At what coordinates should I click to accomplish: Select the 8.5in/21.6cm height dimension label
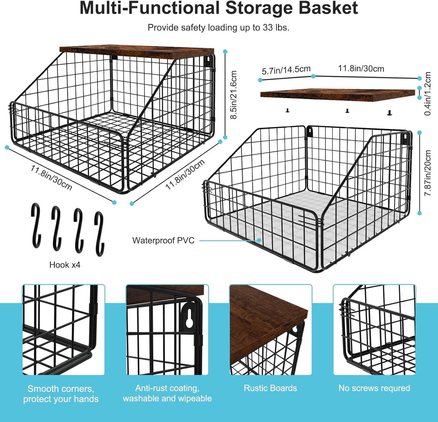point(234,95)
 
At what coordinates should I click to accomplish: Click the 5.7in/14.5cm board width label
point(286,70)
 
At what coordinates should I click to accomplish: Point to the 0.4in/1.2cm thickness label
point(428,93)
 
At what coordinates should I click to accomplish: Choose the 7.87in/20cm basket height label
point(428,173)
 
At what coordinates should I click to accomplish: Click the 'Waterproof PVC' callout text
point(163,240)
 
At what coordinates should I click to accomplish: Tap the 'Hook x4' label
point(65,265)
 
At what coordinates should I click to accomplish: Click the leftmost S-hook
point(36,226)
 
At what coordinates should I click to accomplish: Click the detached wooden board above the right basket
point(337,95)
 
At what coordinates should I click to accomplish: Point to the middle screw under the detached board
point(347,111)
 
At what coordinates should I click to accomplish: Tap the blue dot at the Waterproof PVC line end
point(259,240)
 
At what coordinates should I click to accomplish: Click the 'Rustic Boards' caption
point(270,388)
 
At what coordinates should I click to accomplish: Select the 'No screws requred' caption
point(374,388)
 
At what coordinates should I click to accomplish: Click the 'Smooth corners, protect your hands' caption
point(61,394)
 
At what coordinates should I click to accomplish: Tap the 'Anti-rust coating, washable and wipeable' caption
point(167,393)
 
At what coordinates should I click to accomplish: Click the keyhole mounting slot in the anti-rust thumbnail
point(189,319)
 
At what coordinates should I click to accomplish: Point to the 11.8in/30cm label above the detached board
point(361,69)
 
